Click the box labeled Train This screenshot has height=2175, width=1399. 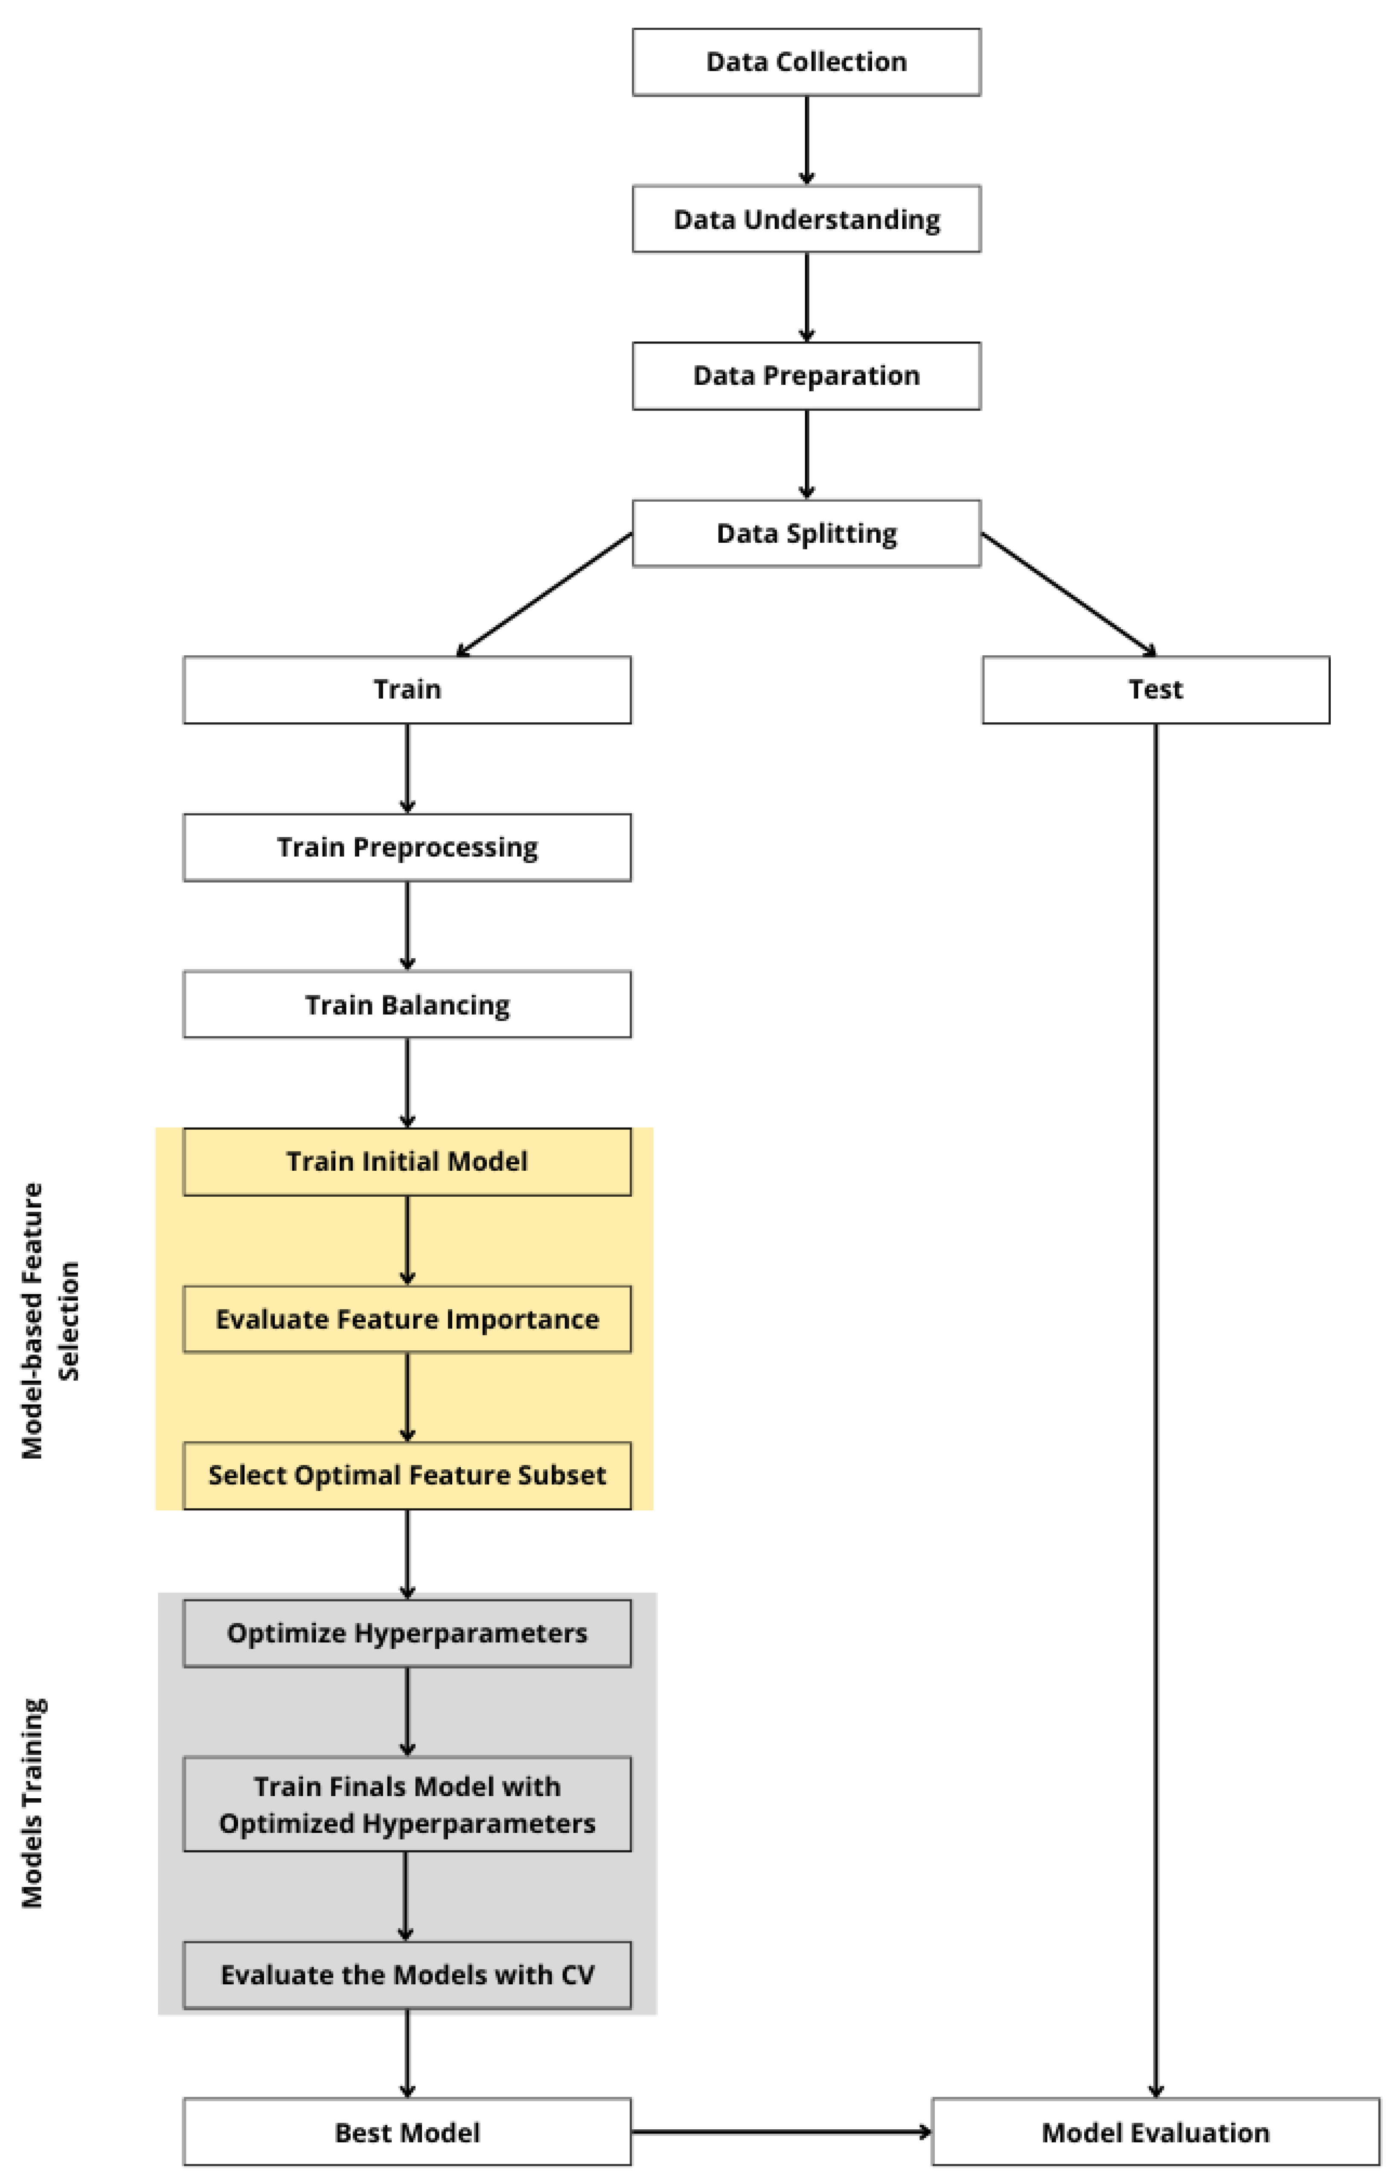coord(407,689)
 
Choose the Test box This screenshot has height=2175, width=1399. coord(1155,689)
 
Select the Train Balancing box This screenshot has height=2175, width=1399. coord(407,1004)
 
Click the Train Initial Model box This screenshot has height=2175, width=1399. coord(407,1161)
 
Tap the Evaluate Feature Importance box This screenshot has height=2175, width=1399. coord(407,1319)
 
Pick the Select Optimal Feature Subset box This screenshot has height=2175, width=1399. coord(407,1475)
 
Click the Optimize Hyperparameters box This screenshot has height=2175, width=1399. coord(407,1633)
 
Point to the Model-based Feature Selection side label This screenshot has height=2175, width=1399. coord(50,1321)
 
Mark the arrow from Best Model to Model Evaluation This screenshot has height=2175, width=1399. coord(781,2131)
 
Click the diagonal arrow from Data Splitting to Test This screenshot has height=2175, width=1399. coord(1068,594)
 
